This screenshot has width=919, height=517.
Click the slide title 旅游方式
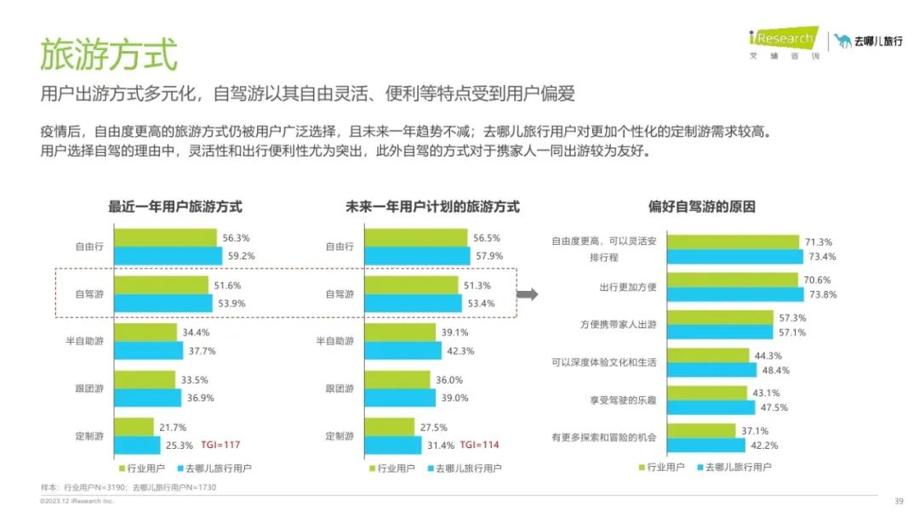tap(109, 54)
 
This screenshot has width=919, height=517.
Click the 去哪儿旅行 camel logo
tap(868, 41)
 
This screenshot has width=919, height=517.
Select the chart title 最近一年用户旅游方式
tap(175, 207)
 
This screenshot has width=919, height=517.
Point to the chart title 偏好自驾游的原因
tap(702, 207)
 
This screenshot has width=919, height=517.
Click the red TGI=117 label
tap(221, 445)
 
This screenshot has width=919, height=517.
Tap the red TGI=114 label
tap(480, 445)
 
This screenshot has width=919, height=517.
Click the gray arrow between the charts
tap(528, 294)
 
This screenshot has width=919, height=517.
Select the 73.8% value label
tap(822, 294)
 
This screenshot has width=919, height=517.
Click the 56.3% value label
tap(236, 238)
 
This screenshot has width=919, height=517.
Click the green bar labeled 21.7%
tap(134, 427)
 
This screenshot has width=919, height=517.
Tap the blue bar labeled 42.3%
tap(402, 350)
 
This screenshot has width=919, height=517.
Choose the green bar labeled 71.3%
tap(733, 241)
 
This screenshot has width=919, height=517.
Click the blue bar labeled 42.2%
tap(706, 445)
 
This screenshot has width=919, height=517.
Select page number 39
tap(899, 501)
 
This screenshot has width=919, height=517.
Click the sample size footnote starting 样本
tap(127, 487)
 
